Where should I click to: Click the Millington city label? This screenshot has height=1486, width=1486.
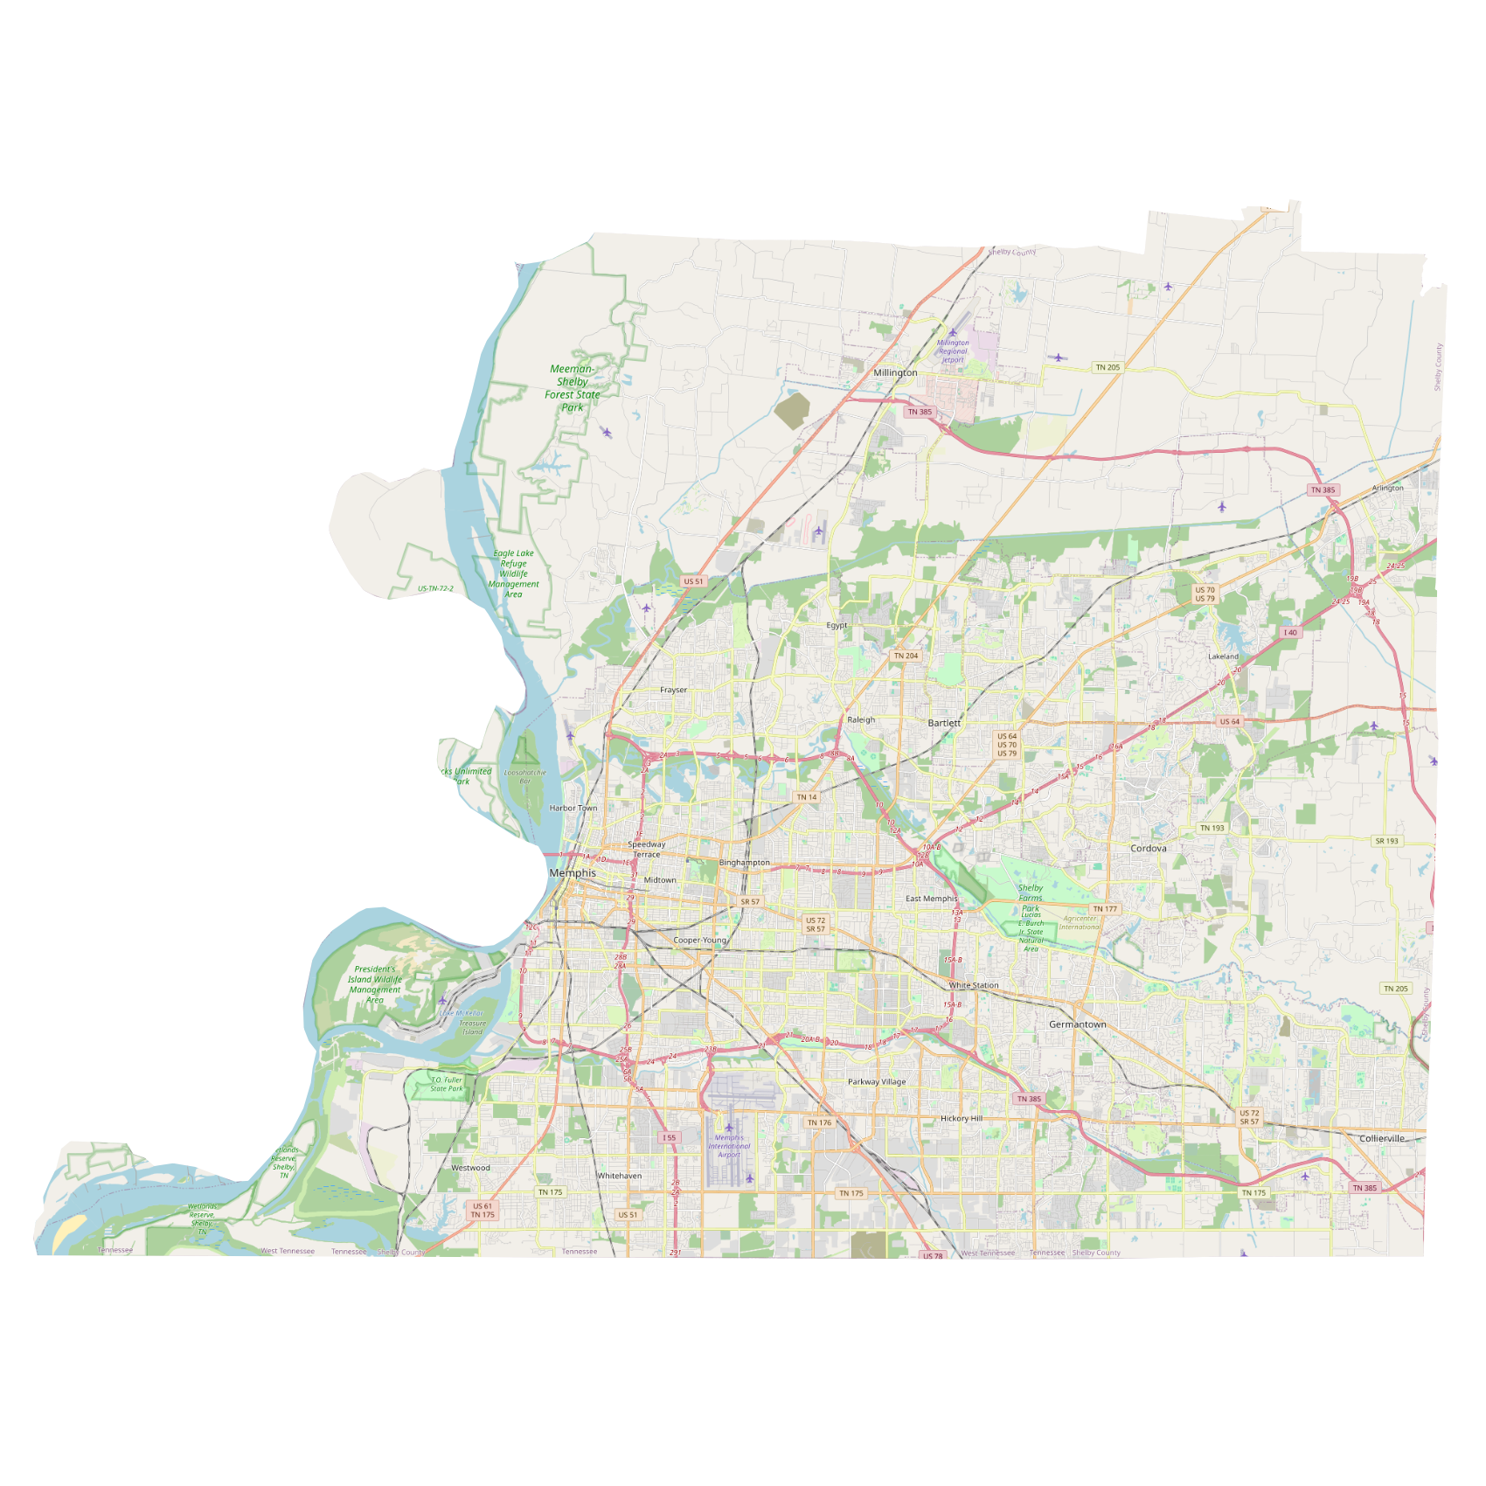coord(895,372)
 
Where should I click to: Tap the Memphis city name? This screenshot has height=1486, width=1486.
coord(573,873)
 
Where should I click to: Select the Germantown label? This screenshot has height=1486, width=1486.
coord(1077,1024)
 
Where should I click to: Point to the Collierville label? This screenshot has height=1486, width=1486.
coord(1382,1138)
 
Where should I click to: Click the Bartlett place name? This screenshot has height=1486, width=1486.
coord(944,723)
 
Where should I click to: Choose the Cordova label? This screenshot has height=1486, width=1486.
coord(1148,848)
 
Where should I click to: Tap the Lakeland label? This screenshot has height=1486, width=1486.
coord(1223,656)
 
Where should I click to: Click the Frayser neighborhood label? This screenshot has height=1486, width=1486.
coord(673,690)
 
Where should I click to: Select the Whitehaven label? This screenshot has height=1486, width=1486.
coord(620,1176)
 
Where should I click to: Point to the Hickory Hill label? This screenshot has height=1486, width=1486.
coord(962,1118)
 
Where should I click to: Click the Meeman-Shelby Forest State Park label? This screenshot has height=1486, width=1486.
coord(573,388)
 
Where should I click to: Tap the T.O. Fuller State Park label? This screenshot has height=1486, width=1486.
coord(447,1084)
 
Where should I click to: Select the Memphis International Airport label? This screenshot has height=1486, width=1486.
coord(729,1146)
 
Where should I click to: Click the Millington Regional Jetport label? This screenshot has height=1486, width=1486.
coord(953,351)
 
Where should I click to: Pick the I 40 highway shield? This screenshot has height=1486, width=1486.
coord(1290,632)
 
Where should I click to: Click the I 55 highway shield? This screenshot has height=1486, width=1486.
coord(669,1137)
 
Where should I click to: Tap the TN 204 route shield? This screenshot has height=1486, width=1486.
coord(906,656)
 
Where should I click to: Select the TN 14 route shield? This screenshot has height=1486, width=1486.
coord(807,797)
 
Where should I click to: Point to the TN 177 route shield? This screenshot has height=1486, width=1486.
coord(1105,909)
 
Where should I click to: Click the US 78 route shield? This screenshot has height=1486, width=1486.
coord(933,1256)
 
